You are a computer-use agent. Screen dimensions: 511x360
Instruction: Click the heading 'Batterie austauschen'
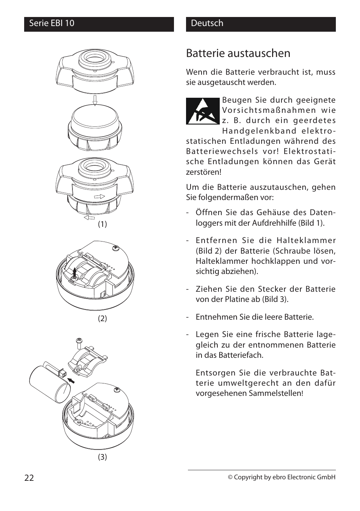tap(238, 54)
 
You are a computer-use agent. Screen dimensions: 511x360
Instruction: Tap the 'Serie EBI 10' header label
tap(52, 23)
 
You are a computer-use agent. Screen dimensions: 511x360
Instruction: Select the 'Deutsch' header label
tap(207, 23)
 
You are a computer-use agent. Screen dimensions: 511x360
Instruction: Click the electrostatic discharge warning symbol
tap(203, 111)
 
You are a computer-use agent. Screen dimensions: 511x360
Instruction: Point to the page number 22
tap(29, 478)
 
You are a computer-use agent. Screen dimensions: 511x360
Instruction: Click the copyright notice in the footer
tap(281, 477)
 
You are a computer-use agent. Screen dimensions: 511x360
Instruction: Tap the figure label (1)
tap(102, 224)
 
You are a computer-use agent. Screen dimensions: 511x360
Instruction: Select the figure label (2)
tap(102, 319)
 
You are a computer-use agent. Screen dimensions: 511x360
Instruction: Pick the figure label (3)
tap(102, 457)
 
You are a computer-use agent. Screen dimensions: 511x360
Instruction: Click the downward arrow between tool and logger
tap(95, 100)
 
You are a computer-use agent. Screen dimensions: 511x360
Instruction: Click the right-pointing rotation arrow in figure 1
tap(99, 197)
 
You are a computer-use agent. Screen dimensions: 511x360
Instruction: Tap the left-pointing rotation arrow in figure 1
tap(89, 218)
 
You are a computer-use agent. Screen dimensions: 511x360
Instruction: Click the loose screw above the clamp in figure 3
tap(80, 343)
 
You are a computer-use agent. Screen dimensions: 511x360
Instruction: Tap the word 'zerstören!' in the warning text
tap(203, 172)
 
